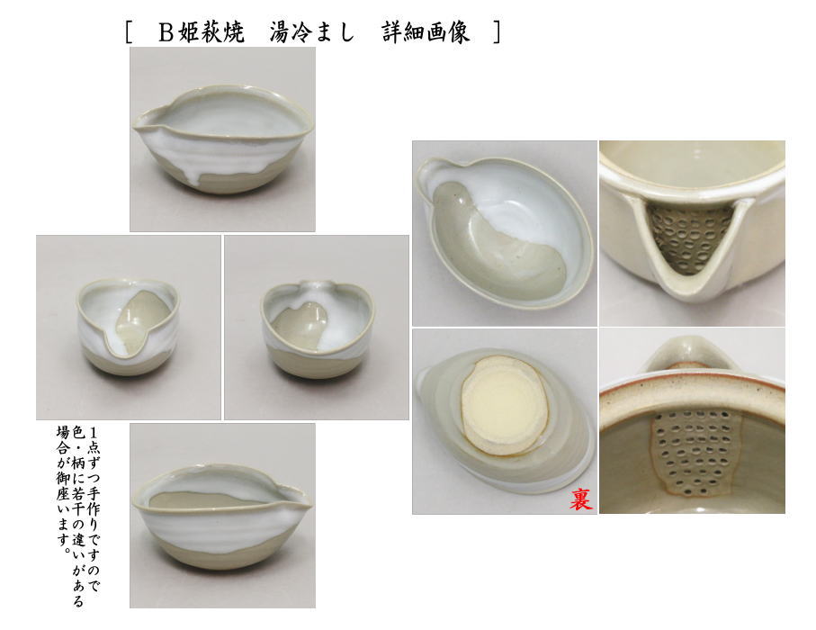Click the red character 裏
click(580, 499)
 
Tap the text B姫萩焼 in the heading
click(202, 33)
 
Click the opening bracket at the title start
click(130, 33)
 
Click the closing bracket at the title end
click(497, 33)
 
